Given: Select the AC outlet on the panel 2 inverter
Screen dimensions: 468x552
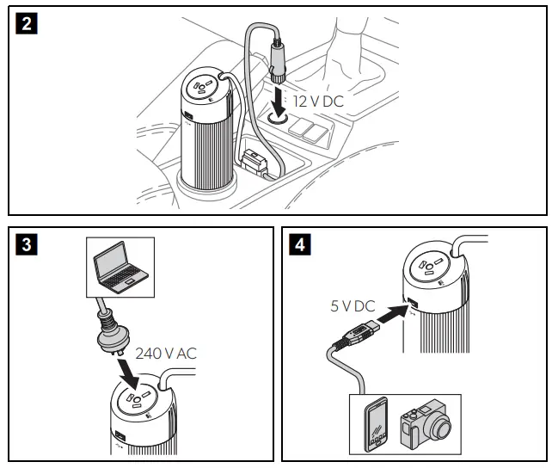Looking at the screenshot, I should [x=207, y=88].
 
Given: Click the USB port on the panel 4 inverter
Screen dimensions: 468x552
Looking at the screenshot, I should [x=411, y=305].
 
